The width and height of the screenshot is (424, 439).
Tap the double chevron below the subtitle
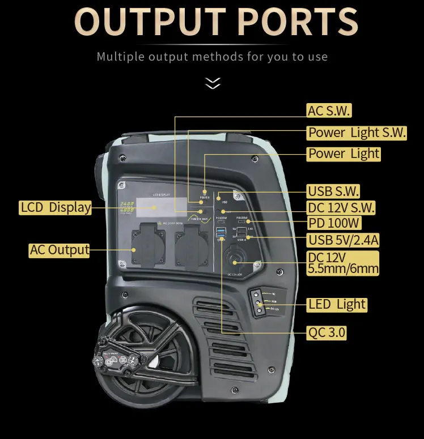213,84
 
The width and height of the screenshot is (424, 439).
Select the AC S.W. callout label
328,110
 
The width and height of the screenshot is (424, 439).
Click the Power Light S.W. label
357,133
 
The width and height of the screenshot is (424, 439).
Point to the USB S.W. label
333,191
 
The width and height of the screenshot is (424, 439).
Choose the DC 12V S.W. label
341,207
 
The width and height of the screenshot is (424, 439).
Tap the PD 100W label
334,223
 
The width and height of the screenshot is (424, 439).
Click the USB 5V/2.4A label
343,240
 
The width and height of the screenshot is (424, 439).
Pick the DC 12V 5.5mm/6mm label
342,262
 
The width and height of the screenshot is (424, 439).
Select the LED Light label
337,304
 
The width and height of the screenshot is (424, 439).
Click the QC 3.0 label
326,332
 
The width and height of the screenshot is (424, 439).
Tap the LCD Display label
56,207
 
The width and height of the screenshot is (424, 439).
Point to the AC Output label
60,250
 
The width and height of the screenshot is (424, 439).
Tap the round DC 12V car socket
234,262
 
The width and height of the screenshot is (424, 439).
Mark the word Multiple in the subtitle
120,57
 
